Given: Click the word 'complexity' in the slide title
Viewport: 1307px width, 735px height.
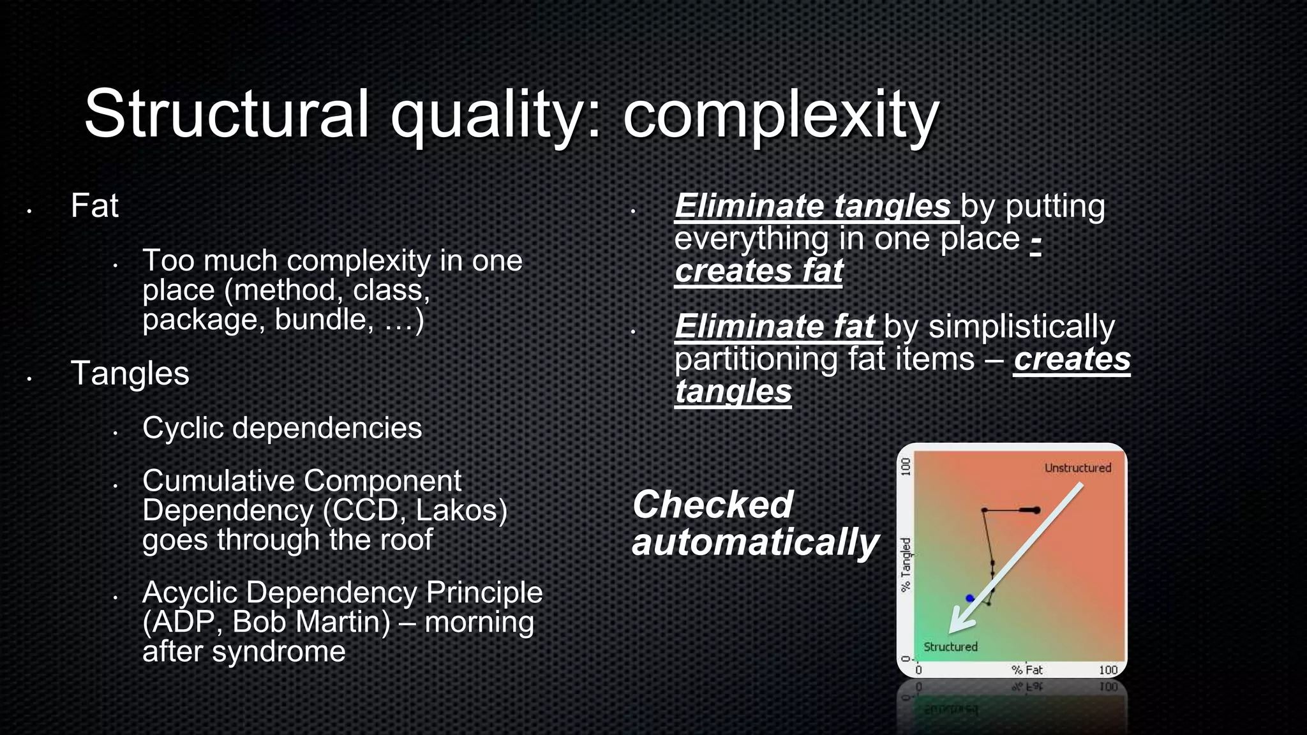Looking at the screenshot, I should pos(780,115).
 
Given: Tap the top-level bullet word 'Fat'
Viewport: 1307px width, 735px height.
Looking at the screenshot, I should pos(94,206).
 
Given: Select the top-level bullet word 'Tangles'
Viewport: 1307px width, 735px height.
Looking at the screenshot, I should pos(130,373).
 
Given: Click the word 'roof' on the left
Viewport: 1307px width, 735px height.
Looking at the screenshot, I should pos(406,540).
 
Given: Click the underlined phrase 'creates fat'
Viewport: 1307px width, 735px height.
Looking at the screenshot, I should pos(758,271).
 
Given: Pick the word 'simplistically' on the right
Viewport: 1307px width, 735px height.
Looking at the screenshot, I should pos(1021,327).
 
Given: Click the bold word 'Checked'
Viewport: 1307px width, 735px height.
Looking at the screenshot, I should pos(712,505).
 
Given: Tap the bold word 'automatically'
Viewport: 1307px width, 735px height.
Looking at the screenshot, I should pos(755,543).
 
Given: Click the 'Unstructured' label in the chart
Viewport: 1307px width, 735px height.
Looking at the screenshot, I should pos(1077,468).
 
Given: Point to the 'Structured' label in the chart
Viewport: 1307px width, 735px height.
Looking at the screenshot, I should pos(950,647).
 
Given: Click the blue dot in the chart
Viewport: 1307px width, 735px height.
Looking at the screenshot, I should pos(970,598).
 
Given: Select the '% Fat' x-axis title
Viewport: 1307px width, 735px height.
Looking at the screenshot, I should pos(1027,670).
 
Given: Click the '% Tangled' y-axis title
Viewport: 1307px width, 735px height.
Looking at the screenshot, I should pos(906,565).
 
